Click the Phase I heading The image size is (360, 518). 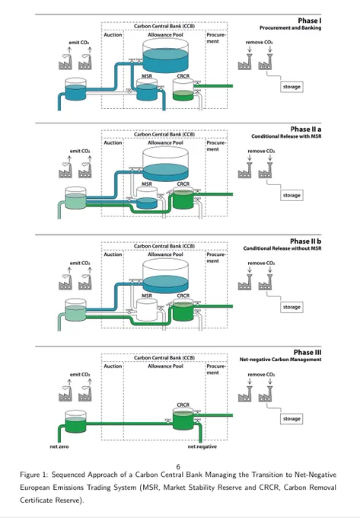pyautogui.click(x=310, y=21)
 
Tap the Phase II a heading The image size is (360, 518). pyautogui.click(x=305, y=129)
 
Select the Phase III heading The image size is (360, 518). pyautogui.click(x=307, y=353)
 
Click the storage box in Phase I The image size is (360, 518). pyautogui.click(x=292, y=87)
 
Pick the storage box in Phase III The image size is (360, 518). pyautogui.click(x=292, y=418)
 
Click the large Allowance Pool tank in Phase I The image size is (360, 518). pyautogui.click(x=165, y=56)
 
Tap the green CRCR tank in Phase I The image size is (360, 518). pyautogui.click(x=183, y=90)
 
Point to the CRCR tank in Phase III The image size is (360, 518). pyautogui.click(x=183, y=419)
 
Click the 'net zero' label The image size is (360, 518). pyautogui.click(x=59, y=446)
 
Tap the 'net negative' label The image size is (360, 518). pyautogui.click(x=202, y=446)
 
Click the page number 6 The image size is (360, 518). pyautogui.click(x=178, y=467)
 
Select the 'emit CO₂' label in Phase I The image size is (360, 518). pyautogui.click(x=79, y=43)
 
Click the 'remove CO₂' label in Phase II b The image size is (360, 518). pyautogui.click(x=261, y=264)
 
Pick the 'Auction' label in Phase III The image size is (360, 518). pyautogui.click(x=113, y=366)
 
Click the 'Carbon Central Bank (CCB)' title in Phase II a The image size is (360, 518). pyautogui.click(x=164, y=135)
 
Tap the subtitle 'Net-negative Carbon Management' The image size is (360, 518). pyautogui.click(x=281, y=360)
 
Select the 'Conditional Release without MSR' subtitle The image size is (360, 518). pyautogui.click(x=282, y=248)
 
